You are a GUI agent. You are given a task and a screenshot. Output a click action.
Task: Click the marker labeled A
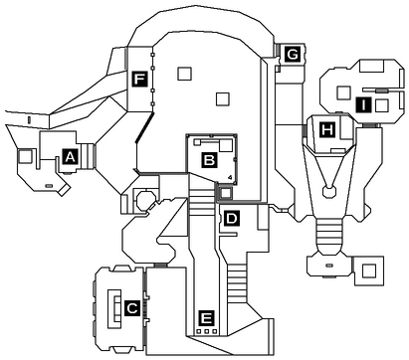click(70, 156)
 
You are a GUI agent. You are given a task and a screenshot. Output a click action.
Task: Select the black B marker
click(209, 157)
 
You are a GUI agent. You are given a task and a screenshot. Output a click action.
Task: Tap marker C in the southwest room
click(131, 308)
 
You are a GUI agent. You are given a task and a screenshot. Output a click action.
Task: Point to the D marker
click(231, 217)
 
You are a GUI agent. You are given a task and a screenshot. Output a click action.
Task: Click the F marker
click(139, 78)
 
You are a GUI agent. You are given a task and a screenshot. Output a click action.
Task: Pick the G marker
click(293, 54)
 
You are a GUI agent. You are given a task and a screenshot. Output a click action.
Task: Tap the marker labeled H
click(326, 128)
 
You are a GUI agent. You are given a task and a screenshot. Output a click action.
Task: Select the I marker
click(364, 103)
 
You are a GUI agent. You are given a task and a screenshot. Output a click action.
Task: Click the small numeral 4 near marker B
click(229, 176)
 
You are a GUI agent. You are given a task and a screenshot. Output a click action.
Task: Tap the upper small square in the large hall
click(182, 72)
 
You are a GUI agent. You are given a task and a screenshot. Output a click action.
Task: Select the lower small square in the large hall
click(224, 97)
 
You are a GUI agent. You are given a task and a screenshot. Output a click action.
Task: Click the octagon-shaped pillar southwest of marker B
click(146, 199)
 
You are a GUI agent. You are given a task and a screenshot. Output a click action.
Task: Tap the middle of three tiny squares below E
click(207, 332)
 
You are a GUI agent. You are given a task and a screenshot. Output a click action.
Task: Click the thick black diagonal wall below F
click(145, 127)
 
